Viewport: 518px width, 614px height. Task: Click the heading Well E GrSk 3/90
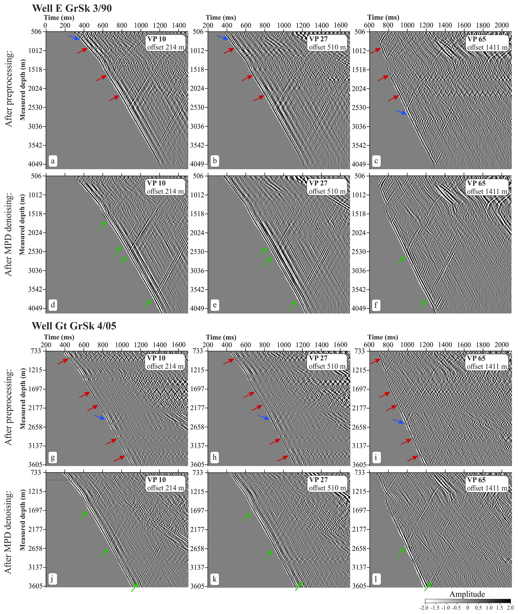(x=72, y=8)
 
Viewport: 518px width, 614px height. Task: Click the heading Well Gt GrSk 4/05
(x=74, y=326)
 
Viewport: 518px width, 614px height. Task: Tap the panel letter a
(x=53, y=161)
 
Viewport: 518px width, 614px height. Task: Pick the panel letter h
(x=215, y=457)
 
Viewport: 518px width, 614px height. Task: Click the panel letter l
(x=376, y=579)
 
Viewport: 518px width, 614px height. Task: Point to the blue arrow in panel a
(x=74, y=38)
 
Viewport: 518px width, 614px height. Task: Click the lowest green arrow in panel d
(x=147, y=304)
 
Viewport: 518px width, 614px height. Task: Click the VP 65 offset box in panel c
(x=487, y=43)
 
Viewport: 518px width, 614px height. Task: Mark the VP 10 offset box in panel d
(x=165, y=187)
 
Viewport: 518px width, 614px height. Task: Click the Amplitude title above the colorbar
(x=467, y=594)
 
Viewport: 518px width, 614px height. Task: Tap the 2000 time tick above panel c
(x=501, y=25)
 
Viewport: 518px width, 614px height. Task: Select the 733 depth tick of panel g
(x=36, y=351)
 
